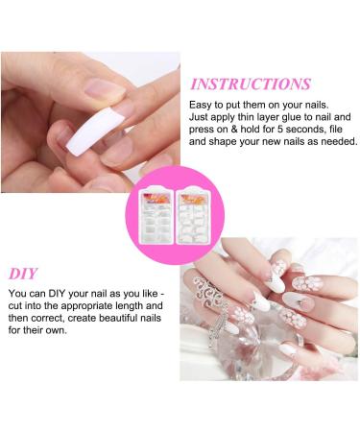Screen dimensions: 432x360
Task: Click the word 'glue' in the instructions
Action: click(286, 123)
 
